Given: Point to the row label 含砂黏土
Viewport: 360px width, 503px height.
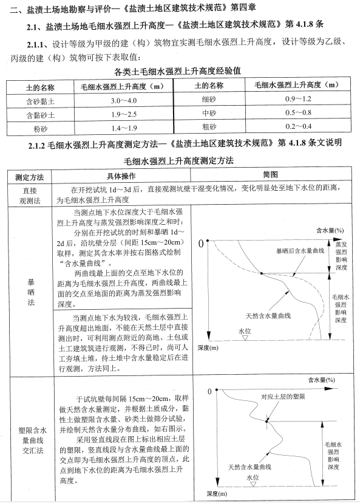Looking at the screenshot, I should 35,100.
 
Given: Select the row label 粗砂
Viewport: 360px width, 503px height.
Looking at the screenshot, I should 209,126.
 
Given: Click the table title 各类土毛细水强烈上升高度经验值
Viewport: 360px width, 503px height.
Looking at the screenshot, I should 177,70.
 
